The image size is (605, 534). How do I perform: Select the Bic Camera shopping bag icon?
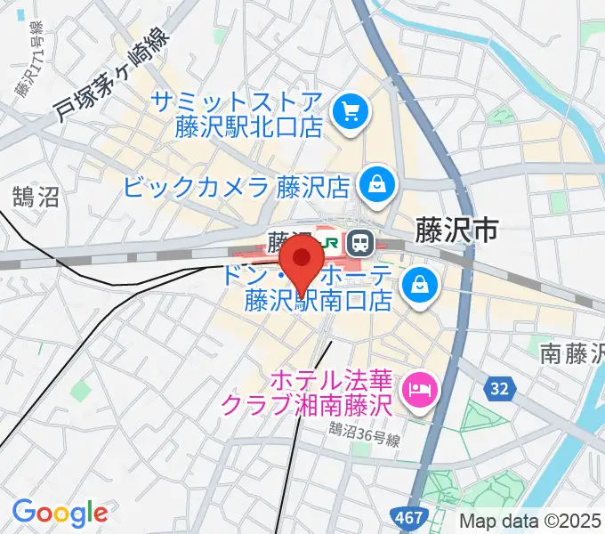click(x=377, y=186)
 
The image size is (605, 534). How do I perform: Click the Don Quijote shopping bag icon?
click(x=416, y=286)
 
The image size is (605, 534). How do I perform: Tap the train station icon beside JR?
click(x=360, y=241)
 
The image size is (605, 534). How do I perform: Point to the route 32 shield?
click(x=498, y=388)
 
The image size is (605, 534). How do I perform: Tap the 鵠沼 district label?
click(x=36, y=197)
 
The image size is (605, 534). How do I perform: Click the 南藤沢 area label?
click(x=573, y=353)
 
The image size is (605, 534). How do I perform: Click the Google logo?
click(x=60, y=513)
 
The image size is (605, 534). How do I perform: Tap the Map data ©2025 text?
click(x=530, y=522)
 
